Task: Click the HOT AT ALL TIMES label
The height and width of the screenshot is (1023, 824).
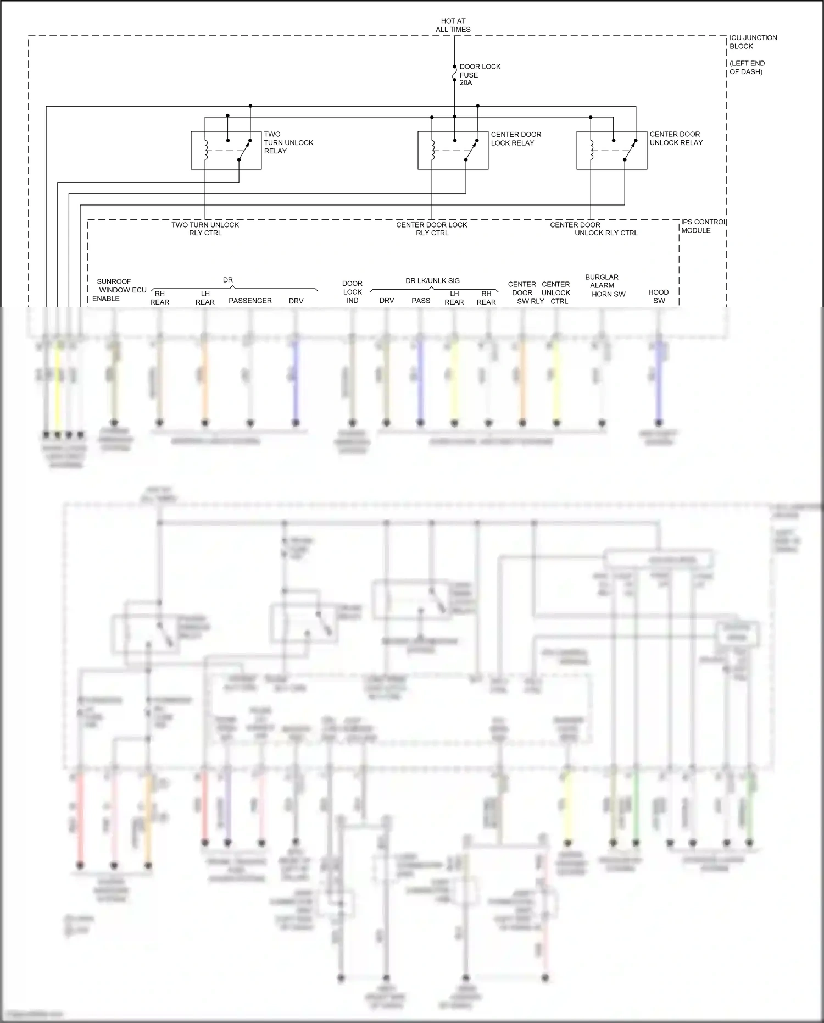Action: pos(453,25)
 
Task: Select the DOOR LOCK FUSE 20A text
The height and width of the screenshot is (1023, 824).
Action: pos(479,75)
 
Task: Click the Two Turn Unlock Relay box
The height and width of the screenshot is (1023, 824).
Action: pos(226,150)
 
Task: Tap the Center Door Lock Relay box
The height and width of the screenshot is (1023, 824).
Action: pos(453,150)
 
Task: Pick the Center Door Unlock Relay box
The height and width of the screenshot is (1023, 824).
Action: pos(611,150)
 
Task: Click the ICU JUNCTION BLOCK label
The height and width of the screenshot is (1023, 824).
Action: pos(753,42)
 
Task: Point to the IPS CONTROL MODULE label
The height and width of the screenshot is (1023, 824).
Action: pos(703,226)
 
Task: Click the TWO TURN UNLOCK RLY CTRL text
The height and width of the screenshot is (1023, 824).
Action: pos(205,229)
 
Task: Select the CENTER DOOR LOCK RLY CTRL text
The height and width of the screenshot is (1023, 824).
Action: pos(432,229)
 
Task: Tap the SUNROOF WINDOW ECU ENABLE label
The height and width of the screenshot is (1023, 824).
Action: pos(118,290)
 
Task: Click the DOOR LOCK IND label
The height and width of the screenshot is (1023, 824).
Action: pos(352,292)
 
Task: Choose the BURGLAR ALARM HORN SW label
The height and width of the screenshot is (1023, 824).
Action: pos(604,285)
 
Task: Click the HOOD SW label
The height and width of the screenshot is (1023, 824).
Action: pos(659,296)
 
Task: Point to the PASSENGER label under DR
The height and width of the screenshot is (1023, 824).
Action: pos(250,301)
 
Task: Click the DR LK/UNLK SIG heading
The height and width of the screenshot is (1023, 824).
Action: pos(432,280)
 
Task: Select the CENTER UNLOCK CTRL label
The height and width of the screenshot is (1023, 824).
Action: pos(556,292)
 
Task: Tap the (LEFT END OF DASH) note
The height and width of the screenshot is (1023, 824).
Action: pos(747,68)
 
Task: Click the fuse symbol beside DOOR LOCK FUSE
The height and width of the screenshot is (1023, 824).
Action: pos(454,74)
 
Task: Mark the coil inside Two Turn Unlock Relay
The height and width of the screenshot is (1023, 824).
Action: pos(205,150)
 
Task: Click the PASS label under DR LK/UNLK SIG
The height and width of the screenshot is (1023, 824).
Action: pos(420,301)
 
